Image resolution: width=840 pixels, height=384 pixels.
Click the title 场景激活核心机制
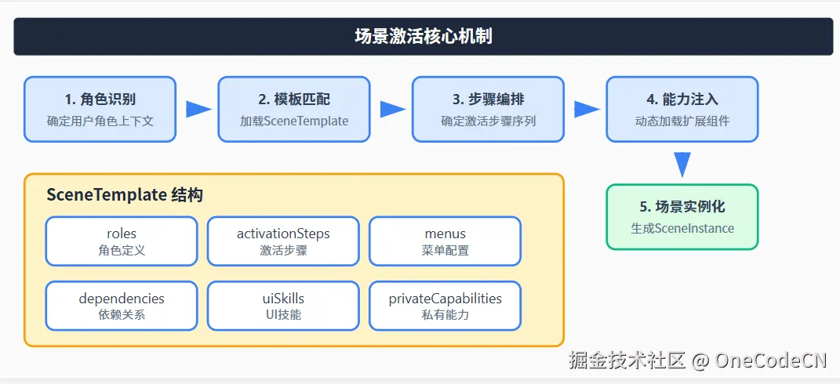click(423, 37)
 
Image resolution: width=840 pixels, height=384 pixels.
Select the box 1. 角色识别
click(100, 109)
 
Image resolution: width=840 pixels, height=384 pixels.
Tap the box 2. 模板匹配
click(294, 109)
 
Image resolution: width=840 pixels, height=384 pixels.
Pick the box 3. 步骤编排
click(488, 109)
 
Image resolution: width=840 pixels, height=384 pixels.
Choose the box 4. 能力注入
click(682, 109)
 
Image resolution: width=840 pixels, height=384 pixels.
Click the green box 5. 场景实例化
click(682, 217)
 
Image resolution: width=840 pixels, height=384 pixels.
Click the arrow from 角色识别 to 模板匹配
click(198, 109)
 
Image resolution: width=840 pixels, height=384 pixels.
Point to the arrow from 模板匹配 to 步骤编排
click(392, 109)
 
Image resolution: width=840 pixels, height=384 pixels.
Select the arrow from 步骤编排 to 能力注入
click(586, 109)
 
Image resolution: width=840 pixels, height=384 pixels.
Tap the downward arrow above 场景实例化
click(682, 163)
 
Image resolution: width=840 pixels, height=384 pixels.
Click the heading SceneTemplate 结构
click(125, 195)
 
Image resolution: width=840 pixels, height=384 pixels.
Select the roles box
click(122, 241)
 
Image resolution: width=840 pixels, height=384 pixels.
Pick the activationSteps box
click(283, 241)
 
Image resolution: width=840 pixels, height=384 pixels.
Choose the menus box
click(445, 241)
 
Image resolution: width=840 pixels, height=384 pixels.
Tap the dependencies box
click(122, 306)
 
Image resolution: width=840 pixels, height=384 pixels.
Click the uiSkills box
click(283, 306)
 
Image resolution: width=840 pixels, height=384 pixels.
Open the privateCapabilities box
click(445, 306)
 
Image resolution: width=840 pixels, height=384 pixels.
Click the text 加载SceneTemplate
click(294, 121)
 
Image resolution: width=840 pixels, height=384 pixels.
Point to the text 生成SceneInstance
click(682, 229)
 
